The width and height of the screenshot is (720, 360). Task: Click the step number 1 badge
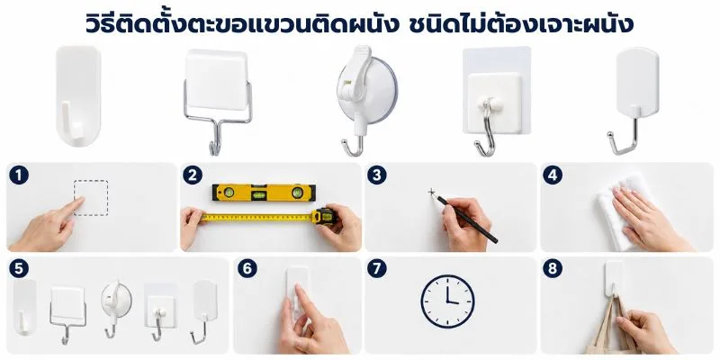pyautogui.click(x=19, y=175)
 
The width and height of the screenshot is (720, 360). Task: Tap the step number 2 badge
pyautogui.click(x=193, y=175)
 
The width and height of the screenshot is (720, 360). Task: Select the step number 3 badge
pyautogui.click(x=376, y=175)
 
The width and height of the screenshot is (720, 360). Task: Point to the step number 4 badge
pyautogui.click(x=553, y=175)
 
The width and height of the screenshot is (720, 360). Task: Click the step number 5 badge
pyautogui.click(x=19, y=268)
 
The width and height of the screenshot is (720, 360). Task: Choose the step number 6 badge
pyautogui.click(x=247, y=268)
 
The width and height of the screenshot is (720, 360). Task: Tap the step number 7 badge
pyautogui.click(x=376, y=268)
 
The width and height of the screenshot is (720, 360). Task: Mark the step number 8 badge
pyautogui.click(x=553, y=268)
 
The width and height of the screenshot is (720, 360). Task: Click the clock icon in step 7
pyautogui.click(x=447, y=301)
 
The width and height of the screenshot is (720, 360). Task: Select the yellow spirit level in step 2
pyautogui.click(x=264, y=193)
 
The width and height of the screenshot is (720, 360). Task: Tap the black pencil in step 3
pyautogui.click(x=466, y=219)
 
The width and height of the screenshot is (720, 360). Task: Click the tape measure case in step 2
pyautogui.click(x=324, y=216)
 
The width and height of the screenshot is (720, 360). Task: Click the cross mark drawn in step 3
pyautogui.click(x=432, y=192)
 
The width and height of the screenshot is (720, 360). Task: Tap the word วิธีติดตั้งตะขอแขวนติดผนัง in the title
pyautogui.click(x=241, y=23)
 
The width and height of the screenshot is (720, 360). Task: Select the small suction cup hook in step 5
pyautogui.click(x=111, y=309)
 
